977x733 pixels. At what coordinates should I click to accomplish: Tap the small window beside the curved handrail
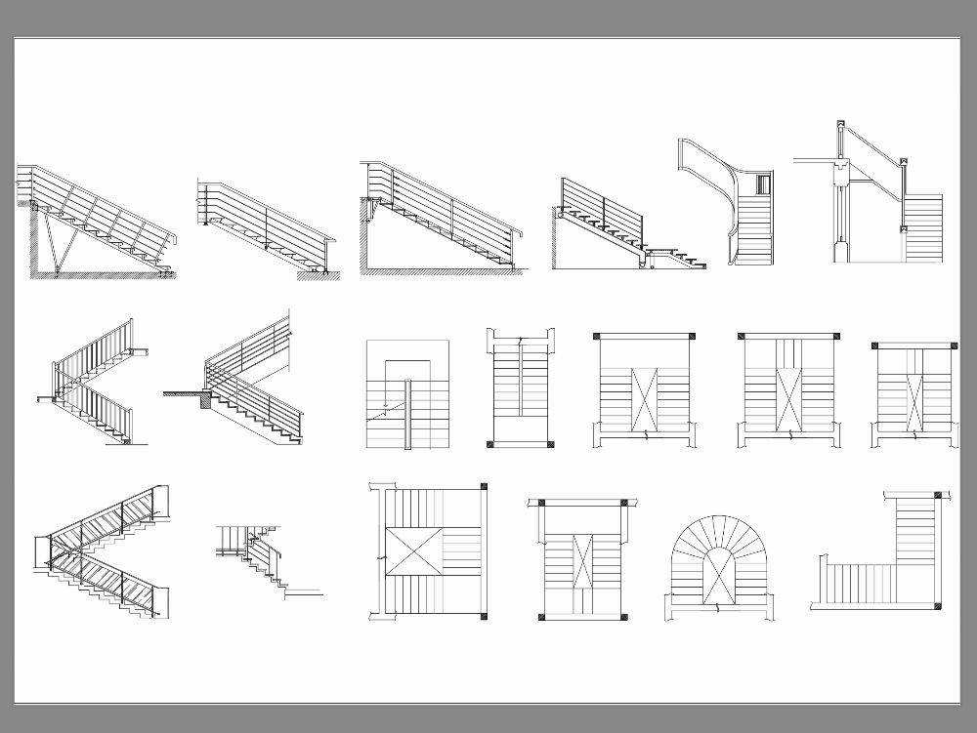click(763, 183)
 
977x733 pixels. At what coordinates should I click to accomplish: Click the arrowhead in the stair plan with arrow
click(386, 401)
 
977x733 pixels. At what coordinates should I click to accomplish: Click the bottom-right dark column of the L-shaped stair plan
click(938, 605)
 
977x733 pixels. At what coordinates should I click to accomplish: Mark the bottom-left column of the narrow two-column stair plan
click(490, 445)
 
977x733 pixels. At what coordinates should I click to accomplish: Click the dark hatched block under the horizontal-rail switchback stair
click(204, 395)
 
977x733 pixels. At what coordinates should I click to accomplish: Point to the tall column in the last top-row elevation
click(838, 210)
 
